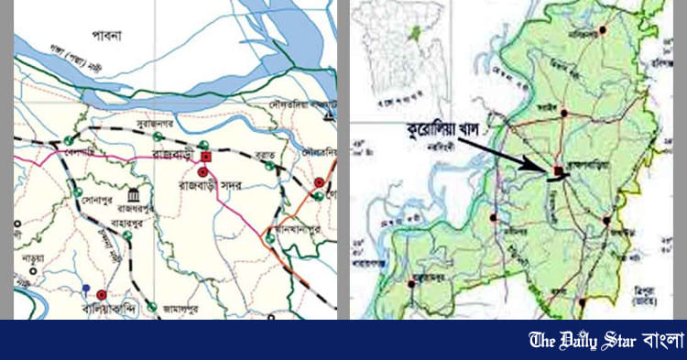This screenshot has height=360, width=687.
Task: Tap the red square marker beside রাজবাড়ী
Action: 205,157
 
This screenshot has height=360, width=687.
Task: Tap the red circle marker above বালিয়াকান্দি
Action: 101,295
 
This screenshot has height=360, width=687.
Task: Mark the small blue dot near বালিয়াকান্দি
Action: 85,288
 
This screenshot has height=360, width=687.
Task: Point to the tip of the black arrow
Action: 552,168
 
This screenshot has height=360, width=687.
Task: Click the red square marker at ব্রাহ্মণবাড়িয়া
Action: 558,170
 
